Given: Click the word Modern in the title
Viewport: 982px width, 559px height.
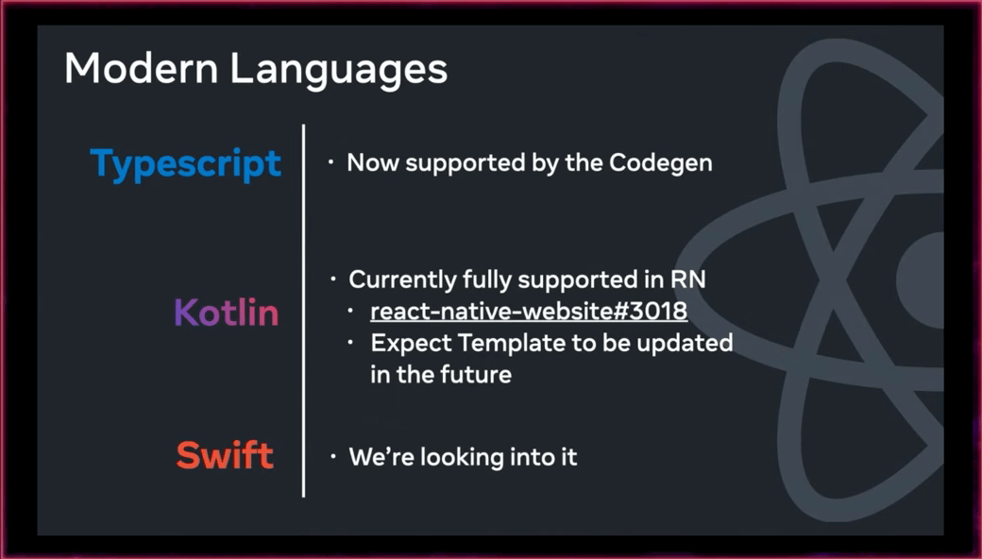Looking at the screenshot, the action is [x=141, y=68].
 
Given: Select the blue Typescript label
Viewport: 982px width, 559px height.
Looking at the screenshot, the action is [x=186, y=164].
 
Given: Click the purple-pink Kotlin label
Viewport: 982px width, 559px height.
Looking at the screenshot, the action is [x=226, y=312].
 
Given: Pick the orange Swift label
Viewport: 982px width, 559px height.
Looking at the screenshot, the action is [x=225, y=454].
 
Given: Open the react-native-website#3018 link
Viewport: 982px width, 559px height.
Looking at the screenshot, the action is [x=529, y=311].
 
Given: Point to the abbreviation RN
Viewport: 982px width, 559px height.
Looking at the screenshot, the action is [x=688, y=279].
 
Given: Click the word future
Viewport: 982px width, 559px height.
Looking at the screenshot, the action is [x=476, y=374].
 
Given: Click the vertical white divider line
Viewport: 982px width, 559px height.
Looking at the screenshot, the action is [x=304, y=311].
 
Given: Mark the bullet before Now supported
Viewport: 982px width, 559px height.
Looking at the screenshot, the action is [x=330, y=162].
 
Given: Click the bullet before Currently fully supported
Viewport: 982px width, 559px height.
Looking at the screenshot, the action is [x=334, y=279].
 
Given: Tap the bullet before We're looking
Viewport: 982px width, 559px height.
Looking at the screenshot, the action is [x=333, y=456].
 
